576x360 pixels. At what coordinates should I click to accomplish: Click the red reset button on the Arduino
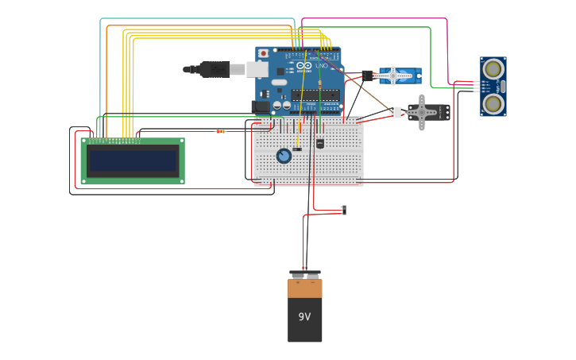click(263, 53)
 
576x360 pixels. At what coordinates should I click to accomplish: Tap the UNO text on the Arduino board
click(323, 65)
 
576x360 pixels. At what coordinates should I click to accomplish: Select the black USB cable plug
click(214, 69)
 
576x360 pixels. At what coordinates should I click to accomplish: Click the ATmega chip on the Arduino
click(315, 95)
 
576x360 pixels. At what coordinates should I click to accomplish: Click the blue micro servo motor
click(400, 75)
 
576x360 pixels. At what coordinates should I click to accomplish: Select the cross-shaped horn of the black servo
click(421, 112)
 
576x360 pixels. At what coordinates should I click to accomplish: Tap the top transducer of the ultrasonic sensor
click(493, 69)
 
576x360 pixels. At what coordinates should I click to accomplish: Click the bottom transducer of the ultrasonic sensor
click(493, 103)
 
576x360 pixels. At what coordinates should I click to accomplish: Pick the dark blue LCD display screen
click(133, 161)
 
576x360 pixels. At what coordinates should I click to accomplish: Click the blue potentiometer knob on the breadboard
click(284, 156)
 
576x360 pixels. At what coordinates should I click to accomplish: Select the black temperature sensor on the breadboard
click(320, 144)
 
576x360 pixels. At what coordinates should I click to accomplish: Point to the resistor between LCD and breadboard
click(221, 131)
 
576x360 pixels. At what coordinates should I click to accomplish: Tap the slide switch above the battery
click(343, 210)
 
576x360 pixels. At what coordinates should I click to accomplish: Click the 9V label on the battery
click(304, 316)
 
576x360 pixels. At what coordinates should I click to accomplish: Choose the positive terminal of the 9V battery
click(298, 275)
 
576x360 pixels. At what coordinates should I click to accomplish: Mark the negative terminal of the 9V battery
click(312, 275)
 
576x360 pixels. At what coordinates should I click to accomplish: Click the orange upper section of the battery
click(305, 288)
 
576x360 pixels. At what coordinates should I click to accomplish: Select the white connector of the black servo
click(395, 112)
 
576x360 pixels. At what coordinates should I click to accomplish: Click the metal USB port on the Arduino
click(257, 69)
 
